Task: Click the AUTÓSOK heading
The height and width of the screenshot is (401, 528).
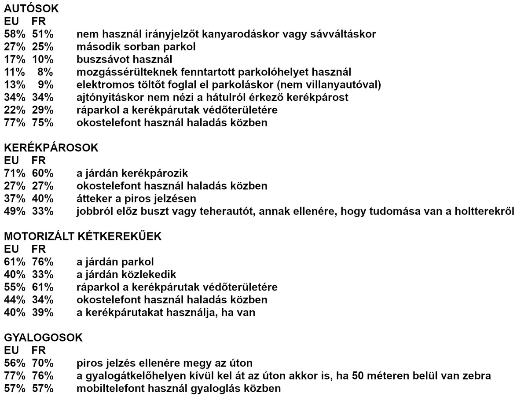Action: (31, 8)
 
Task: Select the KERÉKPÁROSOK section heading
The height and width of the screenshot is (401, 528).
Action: (51, 148)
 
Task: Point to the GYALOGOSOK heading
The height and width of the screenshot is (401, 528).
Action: (43, 338)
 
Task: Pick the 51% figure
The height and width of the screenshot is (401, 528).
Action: (42, 34)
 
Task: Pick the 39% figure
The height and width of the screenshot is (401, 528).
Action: (42, 313)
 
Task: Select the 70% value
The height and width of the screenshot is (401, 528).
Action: (42, 364)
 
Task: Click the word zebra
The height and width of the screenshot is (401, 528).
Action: (477, 376)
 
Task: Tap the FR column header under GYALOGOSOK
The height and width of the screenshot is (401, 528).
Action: (39, 351)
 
